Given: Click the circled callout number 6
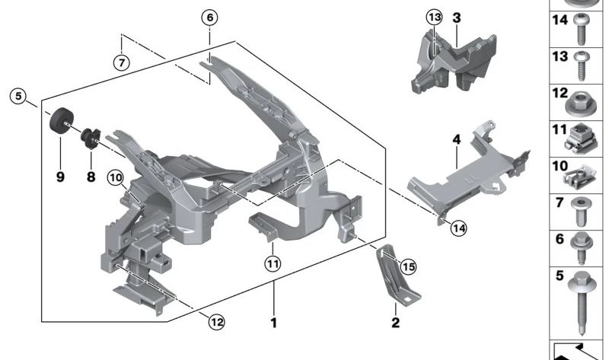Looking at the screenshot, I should [210, 17].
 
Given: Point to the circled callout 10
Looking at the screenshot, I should [114, 178].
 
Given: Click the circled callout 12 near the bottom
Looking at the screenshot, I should [217, 322].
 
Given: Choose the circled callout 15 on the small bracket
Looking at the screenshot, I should [408, 266].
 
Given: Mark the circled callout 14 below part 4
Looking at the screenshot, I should [457, 226].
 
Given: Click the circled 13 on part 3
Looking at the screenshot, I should [434, 18].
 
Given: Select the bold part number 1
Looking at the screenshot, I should [273, 323].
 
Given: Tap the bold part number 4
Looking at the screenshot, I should [456, 140].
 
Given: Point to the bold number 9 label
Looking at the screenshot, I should [61, 177].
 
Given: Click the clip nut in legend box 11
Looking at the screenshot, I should [582, 138].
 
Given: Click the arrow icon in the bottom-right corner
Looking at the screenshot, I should [579, 350].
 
